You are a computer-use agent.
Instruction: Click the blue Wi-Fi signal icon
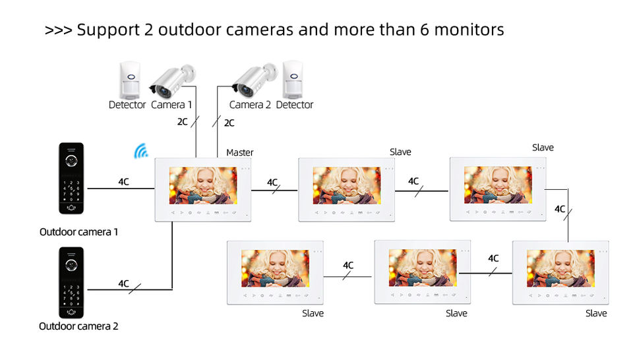(140, 152)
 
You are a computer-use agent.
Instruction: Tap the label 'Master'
(239, 152)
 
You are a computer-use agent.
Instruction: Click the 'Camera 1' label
(171, 104)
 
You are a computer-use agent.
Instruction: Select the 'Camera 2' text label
(250, 104)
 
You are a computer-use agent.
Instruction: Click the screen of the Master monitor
(202, 185)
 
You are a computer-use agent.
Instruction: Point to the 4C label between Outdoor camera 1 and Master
(123, 181)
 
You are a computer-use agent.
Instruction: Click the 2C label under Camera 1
(182, 122)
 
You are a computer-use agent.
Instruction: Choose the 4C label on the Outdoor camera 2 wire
(123, 284)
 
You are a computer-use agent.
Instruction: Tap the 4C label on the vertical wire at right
(560, 209)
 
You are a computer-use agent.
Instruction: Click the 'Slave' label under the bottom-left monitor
(313, 313)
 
